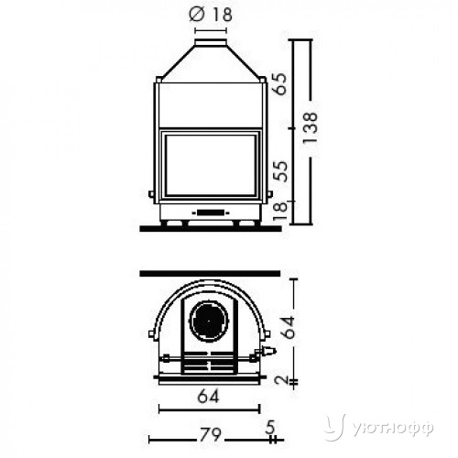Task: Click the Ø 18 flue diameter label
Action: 211,15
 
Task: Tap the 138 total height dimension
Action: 311,128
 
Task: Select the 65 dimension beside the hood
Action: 280,84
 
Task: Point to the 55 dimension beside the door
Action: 280,171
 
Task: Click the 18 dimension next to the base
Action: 280,211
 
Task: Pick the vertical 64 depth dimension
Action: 289,327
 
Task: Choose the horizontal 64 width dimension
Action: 209,397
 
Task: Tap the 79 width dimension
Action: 211,434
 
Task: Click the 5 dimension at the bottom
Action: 270,427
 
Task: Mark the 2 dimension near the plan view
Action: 281,379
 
